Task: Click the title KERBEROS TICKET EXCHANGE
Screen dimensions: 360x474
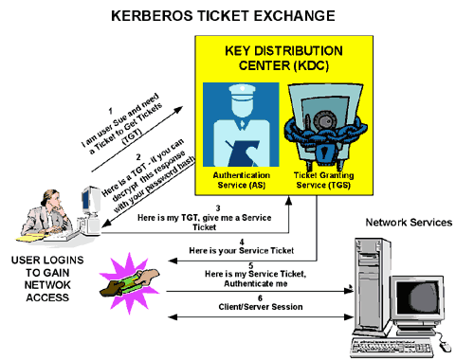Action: point(236,15)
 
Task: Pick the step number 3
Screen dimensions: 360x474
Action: point(218,207)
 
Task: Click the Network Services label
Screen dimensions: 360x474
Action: point(408,223)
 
